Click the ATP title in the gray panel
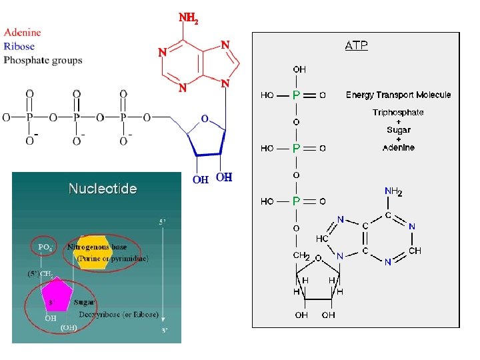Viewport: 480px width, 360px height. [356, 46]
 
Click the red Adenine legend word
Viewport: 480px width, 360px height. [22, 32]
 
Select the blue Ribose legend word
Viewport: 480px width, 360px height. [19, 46]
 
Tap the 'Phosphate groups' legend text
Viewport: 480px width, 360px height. [43, 60]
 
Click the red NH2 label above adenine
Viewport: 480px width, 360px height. [188, 19]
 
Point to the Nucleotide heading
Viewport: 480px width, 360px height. [103, 189]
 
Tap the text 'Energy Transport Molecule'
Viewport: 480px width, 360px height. [398, 95]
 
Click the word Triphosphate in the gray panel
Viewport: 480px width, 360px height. [398, 113]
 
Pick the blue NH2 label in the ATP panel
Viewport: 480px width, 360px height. [393, 192]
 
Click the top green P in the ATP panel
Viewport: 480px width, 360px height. [296, 95]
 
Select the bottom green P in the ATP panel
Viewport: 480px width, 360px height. [296, 201]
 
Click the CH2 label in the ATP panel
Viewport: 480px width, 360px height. [301, 255]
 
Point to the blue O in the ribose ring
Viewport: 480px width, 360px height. [204, 119]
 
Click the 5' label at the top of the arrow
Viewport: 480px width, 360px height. [162, 223]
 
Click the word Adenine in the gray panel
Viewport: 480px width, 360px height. [398, 147]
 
